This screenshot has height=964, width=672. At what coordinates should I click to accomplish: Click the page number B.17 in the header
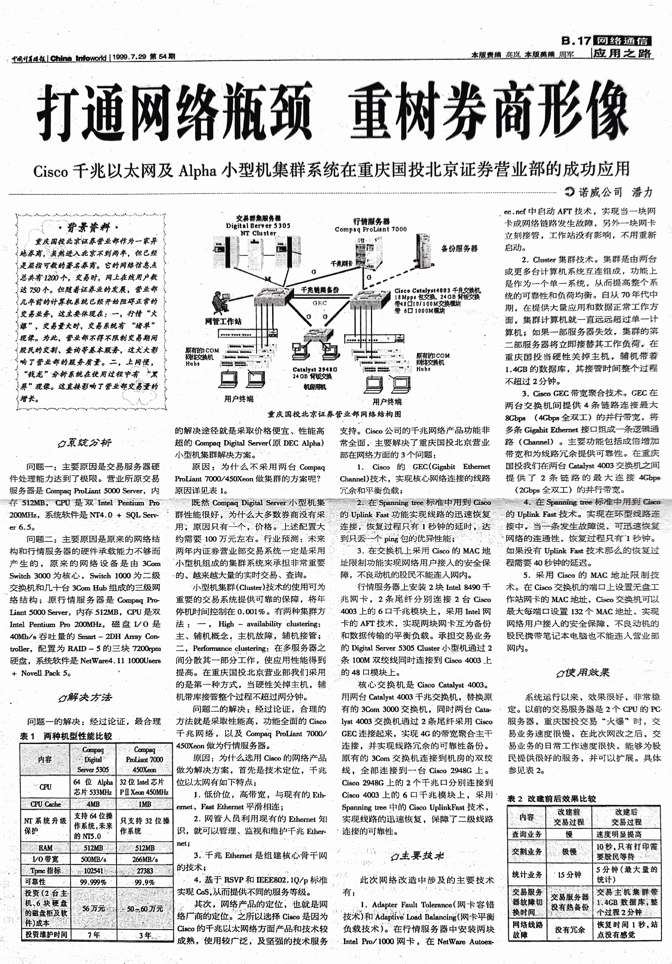576,41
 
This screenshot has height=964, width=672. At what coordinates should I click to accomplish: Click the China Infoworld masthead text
78,58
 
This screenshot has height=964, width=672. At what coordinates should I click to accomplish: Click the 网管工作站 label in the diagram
223,321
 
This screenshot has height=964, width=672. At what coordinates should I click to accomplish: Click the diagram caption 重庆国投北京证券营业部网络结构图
334,414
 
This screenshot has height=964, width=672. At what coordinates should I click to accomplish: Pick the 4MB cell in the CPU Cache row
93,804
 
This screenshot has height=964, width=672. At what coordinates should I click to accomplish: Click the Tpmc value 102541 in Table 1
93,871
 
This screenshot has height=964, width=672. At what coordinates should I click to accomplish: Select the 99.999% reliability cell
93,882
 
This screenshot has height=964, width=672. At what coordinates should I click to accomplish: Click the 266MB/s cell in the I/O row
144,859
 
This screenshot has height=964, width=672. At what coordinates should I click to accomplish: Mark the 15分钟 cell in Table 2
569,874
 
